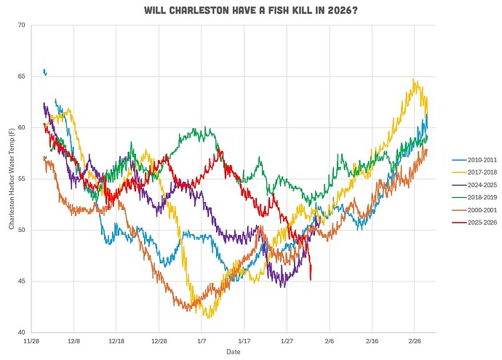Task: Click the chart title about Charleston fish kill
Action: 251,11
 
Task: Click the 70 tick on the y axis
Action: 21,25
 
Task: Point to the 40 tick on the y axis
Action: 21,332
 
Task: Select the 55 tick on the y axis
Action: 21,179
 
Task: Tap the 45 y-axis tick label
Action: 21,281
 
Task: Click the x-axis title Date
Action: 233,351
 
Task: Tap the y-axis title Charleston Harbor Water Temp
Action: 11,179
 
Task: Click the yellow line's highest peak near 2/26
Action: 414,80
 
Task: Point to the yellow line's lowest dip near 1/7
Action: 209,317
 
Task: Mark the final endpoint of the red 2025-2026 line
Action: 311,279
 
